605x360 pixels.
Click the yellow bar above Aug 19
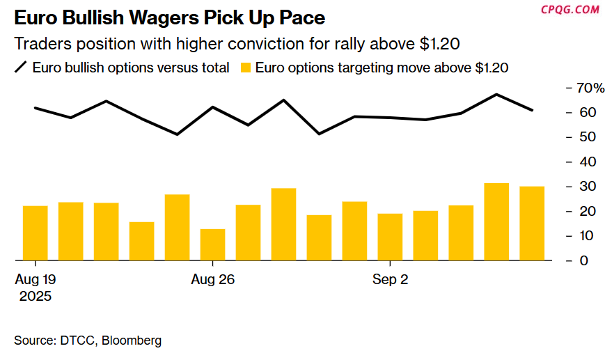[x=35, y=233]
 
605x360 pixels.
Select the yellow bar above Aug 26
[x=212, y=244]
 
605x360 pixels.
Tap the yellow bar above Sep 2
[x=390, y=237]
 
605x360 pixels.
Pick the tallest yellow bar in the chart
[x=496, y=221]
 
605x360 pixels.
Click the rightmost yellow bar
[x=532, y=223]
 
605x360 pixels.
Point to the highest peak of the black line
[x=496, y=94]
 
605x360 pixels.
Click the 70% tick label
[x=586, y=88]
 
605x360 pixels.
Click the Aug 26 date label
[x=212, y=280]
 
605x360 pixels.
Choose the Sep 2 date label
[x=390, y=280]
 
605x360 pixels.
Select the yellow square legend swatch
[x=244, y=68]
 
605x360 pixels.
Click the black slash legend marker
[x=21, y=68]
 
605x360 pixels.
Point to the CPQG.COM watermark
[x=570, y=9]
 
